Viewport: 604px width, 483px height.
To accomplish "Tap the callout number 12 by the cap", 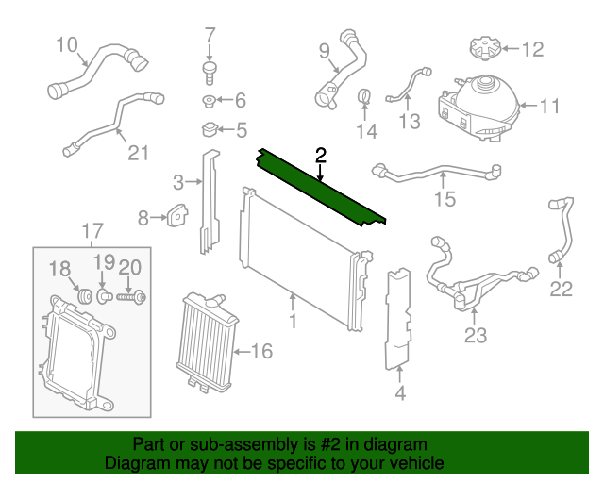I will pyautogui.click(x=533, y=47).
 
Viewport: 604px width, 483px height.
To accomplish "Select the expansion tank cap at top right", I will pyautogui.click(x=481, y=47).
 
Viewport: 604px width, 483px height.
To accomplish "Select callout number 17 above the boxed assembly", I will pyautogui.click(x=91, y=230).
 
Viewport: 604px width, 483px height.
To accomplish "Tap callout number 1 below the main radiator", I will pyautogui.click(x=293, y=324).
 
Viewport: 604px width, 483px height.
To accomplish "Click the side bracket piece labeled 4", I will pyautogui.click(x=400, y=321).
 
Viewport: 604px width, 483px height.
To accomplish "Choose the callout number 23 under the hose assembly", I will pyautogui.click(x=475, y=333).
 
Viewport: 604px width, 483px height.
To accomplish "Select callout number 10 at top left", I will pyautogui.click(x=66, y=44).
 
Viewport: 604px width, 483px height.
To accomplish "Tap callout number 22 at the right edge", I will pyautogui.click(x=562, y=290).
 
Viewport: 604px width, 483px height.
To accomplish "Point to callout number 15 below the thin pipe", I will pyautogui.click(x=445, y=199).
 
